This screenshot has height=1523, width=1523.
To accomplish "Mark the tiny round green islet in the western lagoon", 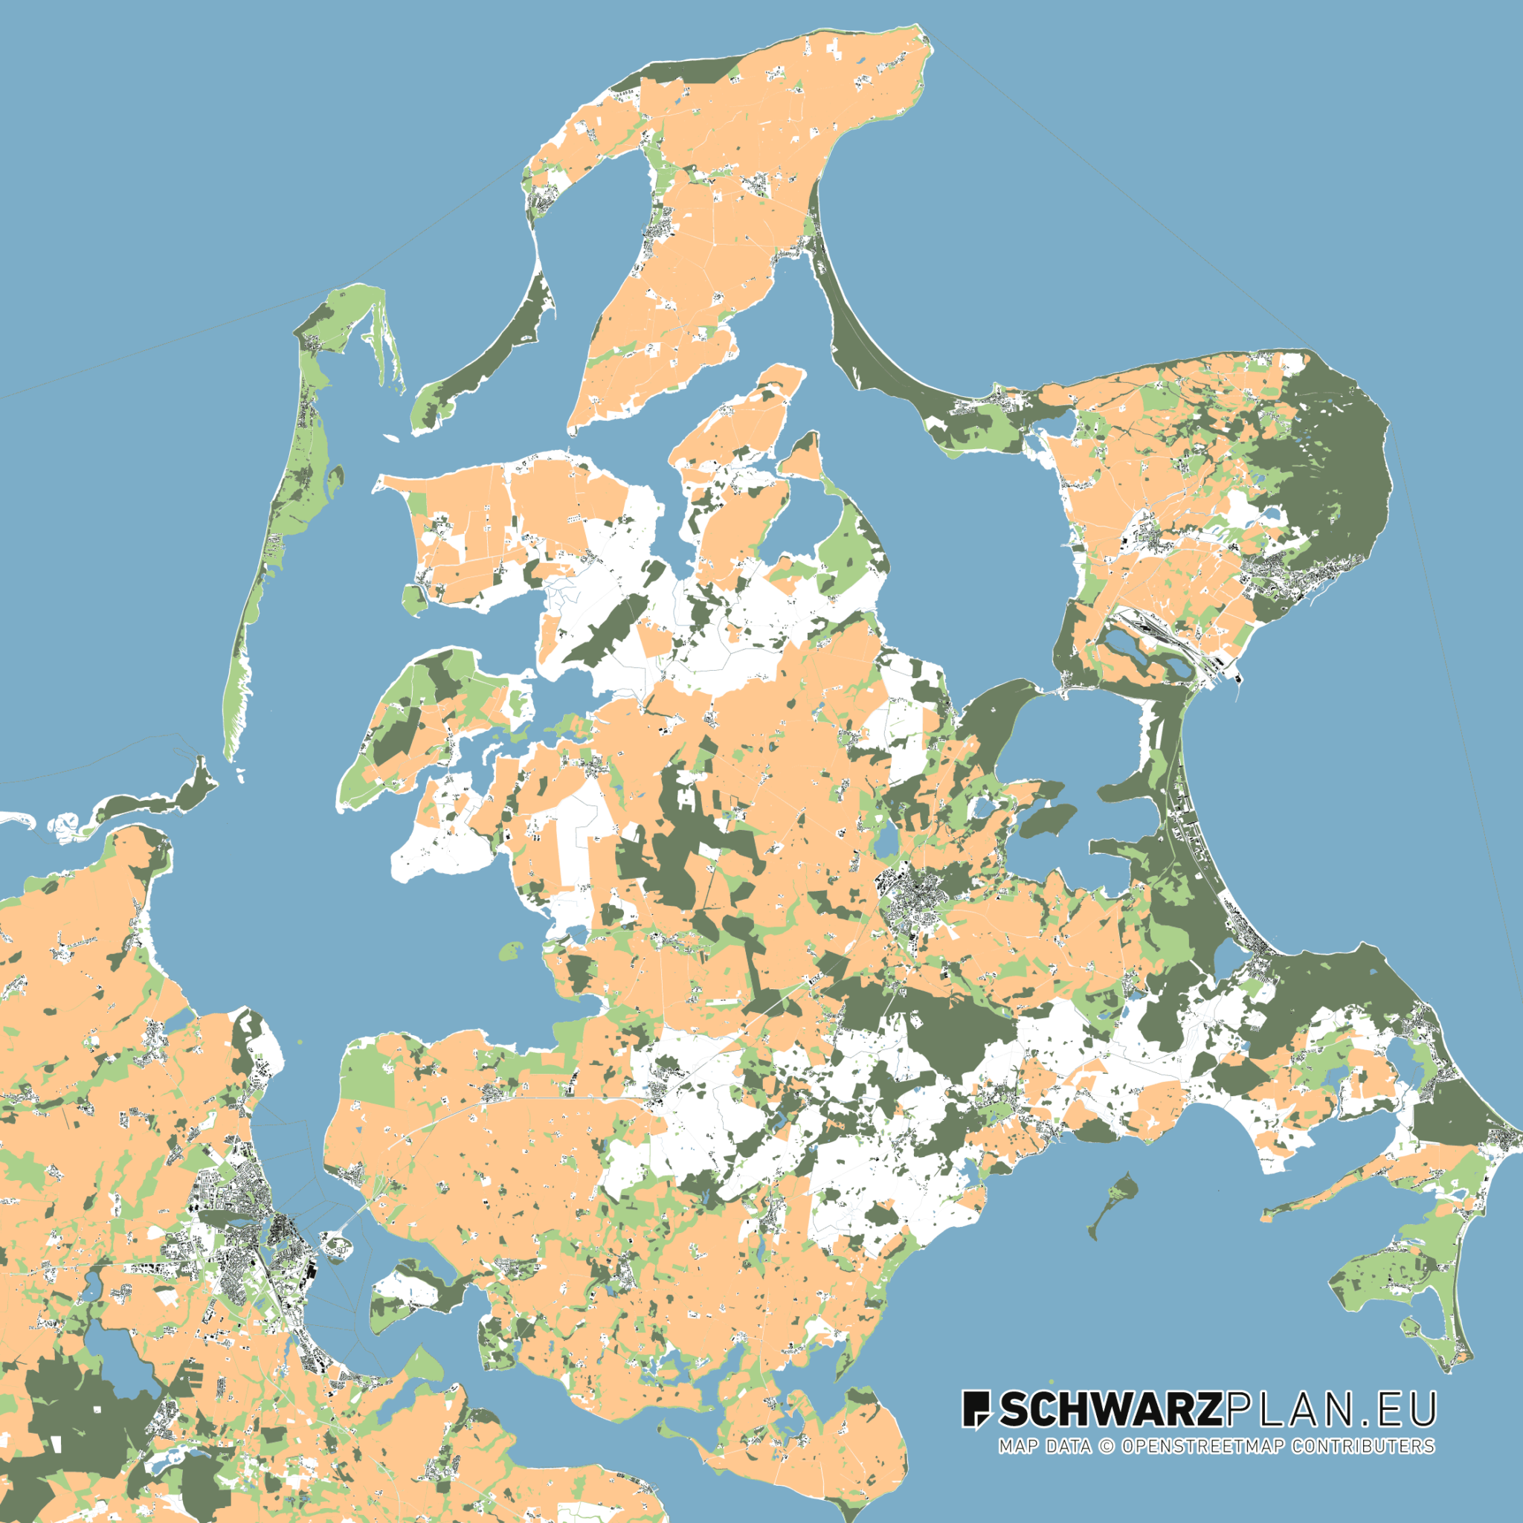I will point(511,950).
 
